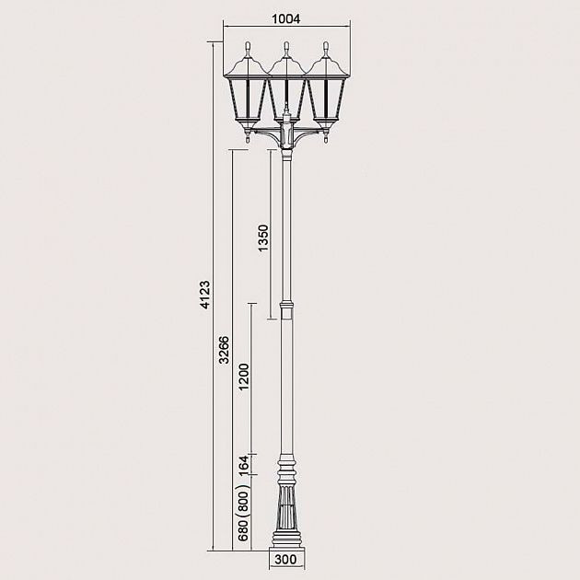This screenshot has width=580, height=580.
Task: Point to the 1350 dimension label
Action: (263, 238)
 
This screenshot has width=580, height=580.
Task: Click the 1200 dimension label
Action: (244, 378)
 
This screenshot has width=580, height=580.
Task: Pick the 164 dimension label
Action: (244, 466)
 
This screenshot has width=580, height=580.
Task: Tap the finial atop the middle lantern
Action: (287, 46)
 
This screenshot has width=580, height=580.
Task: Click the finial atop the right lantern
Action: (326, 46)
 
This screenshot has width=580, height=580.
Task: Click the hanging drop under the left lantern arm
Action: (249, 140)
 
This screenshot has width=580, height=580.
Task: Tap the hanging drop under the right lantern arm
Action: (326, 140)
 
